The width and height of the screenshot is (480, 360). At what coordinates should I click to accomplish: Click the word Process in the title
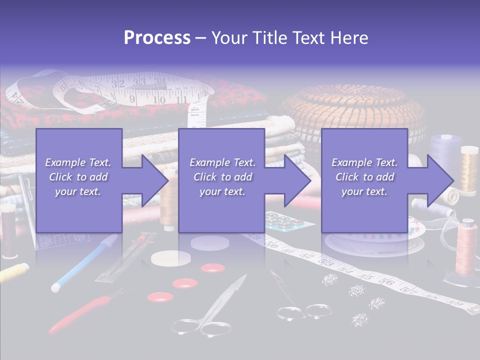(x=157, y=38)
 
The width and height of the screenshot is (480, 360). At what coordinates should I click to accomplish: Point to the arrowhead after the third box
(x=439, y=180)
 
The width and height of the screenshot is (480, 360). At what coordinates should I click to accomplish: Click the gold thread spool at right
(x=469, y=170)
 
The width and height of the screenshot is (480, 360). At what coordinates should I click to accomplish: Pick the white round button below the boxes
(x=171, y=258)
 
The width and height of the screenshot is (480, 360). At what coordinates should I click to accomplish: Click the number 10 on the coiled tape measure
(x=159, y=100)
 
